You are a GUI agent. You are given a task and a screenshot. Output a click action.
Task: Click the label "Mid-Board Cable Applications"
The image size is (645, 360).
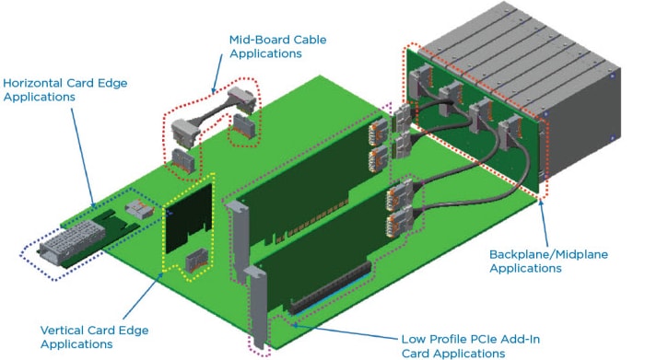(x=276, y=48)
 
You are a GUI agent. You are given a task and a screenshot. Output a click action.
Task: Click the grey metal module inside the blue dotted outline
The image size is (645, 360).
(x=68, y=246)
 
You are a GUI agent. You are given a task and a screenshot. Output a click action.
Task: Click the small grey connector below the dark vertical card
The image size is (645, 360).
(x=195, y=262)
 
